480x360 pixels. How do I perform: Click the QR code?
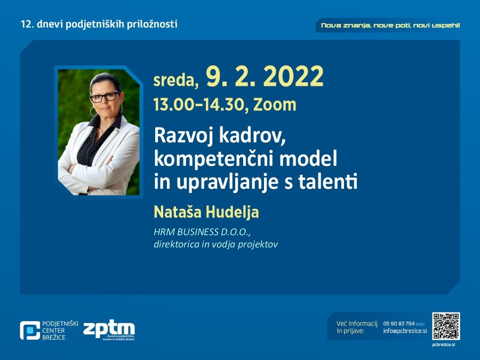point(446,326)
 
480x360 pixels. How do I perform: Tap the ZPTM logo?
point(109,331)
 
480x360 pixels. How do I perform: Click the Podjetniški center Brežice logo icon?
point(29,331)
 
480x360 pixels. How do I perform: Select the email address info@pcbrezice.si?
point(405,331)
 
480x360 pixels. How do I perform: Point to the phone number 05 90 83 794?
point(399,324)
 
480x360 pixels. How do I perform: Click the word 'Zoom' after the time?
point(275,105)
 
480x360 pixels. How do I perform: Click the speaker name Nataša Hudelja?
point(206,212)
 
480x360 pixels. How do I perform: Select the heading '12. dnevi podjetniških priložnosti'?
point(99,24)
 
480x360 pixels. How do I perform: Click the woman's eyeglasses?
point(105,97)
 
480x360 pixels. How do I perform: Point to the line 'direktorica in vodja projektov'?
point(215,244)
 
